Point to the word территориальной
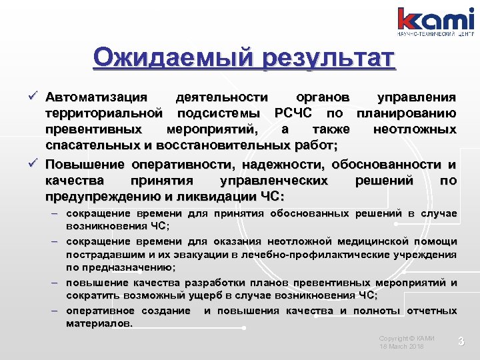click(x=104, y=113)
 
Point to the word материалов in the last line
click(x=99, y=323)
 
